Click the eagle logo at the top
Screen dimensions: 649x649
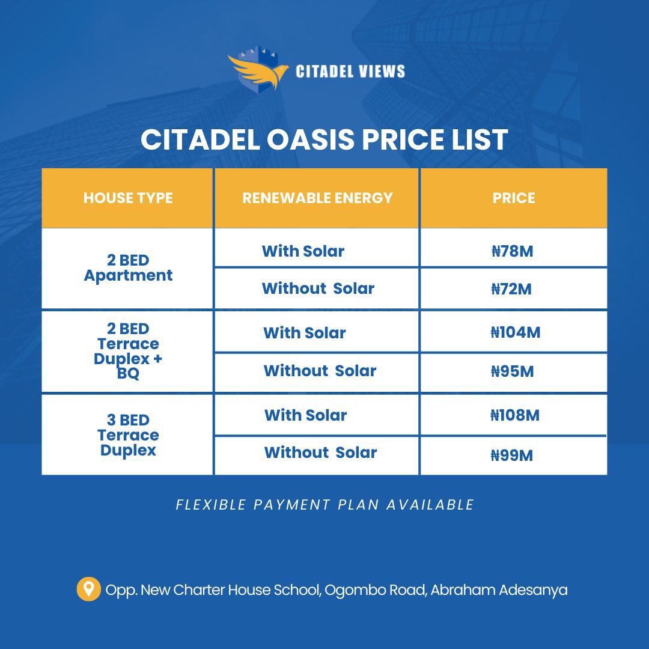coord(258,69)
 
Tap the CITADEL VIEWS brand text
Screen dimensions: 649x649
coord(350,72)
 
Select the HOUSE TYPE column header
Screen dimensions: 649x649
coord(128,198)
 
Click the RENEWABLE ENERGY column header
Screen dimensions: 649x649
coord(317,198)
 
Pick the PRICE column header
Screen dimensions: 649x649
coord(514,198)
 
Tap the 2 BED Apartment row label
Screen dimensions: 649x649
coord(128,268)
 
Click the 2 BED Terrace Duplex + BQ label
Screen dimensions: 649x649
coord(128,351)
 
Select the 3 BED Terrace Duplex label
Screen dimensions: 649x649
coord(128,435)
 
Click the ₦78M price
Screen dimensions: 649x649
coord(512,251)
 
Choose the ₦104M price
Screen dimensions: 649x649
coord(516,332)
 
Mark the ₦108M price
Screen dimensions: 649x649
coord(515,415)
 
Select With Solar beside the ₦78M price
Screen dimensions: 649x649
coord(303,251)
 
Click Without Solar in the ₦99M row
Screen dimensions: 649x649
coord(320,452)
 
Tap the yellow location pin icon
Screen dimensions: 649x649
coord(88,589)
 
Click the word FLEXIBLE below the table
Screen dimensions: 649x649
coord(211,505)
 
